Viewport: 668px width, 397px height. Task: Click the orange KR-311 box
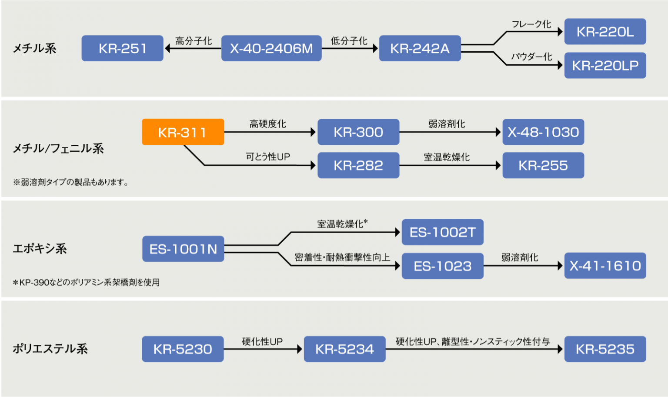coord(183,132)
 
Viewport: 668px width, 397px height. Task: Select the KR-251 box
coord(123,48)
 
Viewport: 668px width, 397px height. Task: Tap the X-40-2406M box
coord(271,48)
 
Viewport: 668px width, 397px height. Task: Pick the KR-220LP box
coord(605,66)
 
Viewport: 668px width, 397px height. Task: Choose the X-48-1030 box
coord(543,132)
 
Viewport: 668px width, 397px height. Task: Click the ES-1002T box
coord(442,232)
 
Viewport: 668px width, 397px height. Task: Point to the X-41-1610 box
coord(605,266)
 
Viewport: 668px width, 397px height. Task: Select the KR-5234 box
coord(344,349)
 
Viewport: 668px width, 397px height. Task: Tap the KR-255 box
coord(543,165)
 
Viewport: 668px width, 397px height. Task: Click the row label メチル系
coord(34,48)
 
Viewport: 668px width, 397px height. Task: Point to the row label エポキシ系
coord(40,249)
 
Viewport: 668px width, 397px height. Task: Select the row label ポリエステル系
coord(50,349)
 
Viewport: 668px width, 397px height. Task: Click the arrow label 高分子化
coord(194,41)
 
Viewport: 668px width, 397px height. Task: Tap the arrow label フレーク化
coord(531,24)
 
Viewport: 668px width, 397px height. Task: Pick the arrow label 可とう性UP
coord(268,157)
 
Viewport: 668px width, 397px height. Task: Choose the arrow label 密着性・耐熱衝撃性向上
coord(342,257)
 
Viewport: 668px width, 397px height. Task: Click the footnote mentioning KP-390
coord(86,283)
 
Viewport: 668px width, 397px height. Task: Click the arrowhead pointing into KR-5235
coord(561,349)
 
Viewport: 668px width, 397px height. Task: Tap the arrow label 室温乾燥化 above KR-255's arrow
coord(447,157)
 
